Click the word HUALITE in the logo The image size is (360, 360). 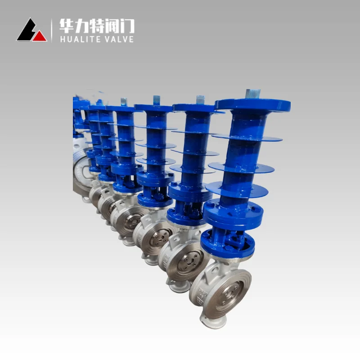click(81, 39)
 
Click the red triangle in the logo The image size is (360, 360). click(40, 36)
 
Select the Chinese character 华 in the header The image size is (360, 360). click(67, 26)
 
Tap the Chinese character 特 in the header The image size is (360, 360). click(97, 26)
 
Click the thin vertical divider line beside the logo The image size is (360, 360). click(51, 31)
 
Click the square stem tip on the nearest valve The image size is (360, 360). click(253, 94)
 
